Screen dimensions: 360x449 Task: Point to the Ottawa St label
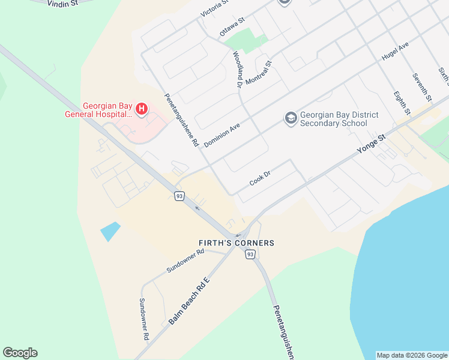[x=232, y=27]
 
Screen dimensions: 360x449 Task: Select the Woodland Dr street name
[x=237, y=70]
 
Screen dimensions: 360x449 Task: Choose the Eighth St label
[x=402, y=103]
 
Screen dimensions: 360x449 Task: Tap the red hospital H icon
[x=142, y=109]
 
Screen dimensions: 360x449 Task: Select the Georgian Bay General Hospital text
[x=98, y=109]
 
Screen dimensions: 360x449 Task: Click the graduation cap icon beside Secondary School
[x=291, y=118]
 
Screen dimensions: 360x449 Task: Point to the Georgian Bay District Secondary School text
[x=333, y=119]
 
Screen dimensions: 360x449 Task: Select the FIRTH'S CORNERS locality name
[x=237, y=243]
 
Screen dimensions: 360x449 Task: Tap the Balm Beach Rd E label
[x=190, y=301]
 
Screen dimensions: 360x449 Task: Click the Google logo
[x=20, y=353]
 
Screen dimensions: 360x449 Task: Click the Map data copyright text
[x=412, y=355]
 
